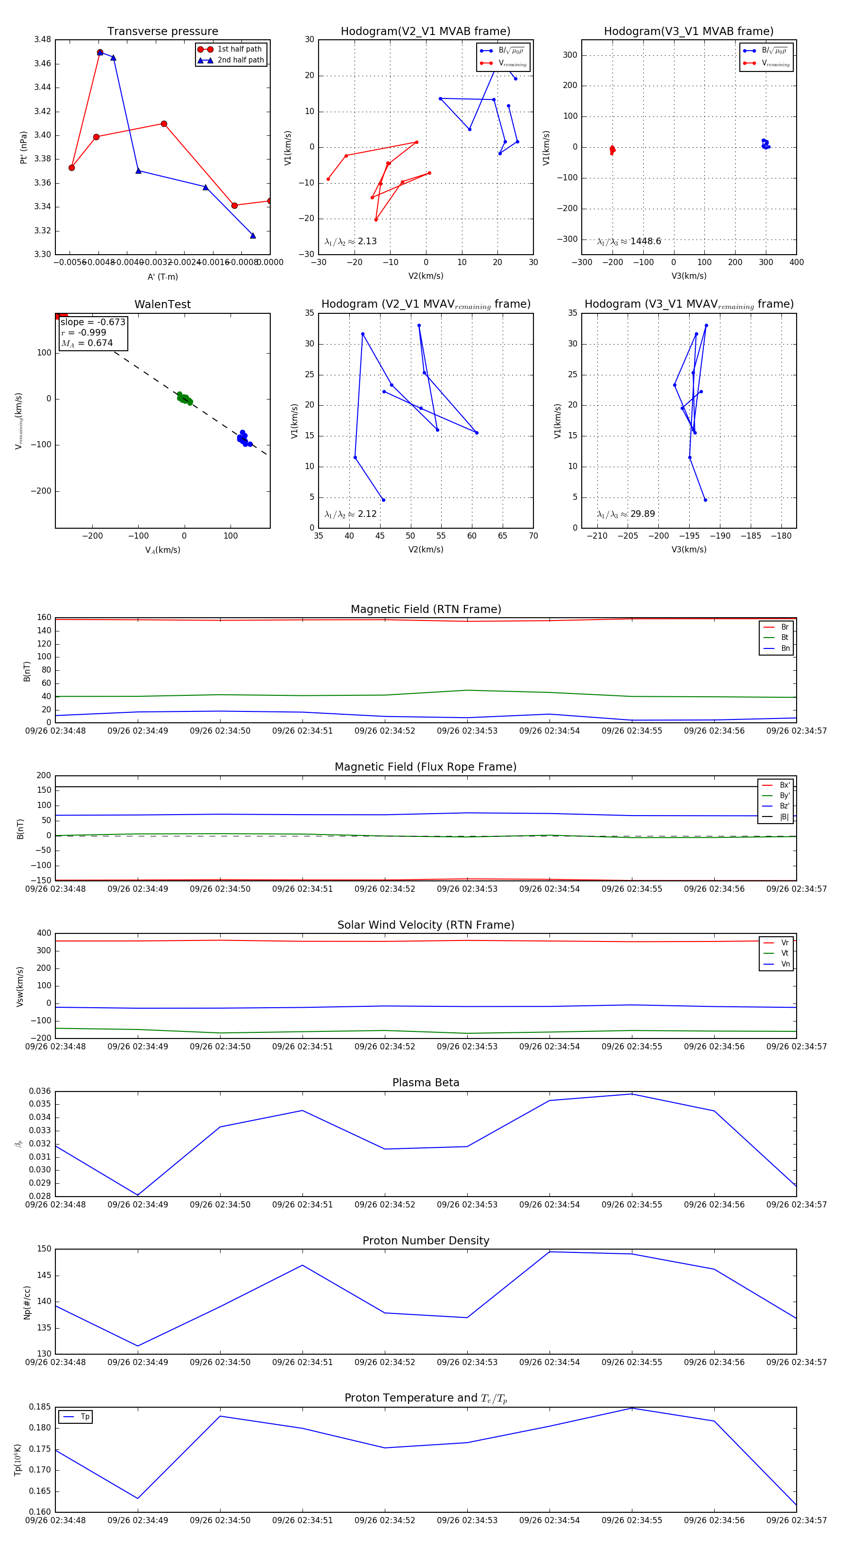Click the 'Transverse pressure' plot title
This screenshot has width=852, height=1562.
click(162, 32)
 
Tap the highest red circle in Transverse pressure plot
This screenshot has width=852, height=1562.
click(100, 53)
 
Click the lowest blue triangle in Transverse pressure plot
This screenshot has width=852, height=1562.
click(253, 235)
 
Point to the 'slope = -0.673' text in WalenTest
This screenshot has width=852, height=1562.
click(93, 322)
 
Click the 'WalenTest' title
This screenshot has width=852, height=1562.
click(162, 304)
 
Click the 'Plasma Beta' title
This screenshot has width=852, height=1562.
click(426, 1083)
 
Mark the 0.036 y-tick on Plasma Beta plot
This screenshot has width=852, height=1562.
click(40, 1091)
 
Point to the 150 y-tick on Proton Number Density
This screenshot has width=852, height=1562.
click(45, 1249)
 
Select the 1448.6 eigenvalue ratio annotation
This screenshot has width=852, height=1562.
click(645, 241)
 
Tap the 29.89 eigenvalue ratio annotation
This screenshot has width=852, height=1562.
click(641, 514)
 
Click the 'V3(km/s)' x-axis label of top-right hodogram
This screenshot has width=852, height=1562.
click(689, 276)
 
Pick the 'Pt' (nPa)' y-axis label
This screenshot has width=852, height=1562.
click(24, 147)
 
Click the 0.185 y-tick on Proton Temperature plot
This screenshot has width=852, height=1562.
click(40, 1407)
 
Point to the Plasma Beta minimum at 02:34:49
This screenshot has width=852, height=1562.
click(138, 1195)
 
